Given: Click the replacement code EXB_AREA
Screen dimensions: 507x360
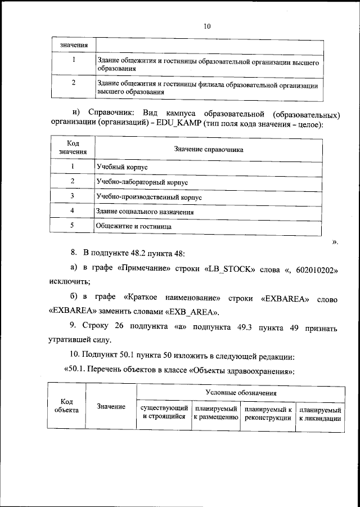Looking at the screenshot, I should [x=192, y=312].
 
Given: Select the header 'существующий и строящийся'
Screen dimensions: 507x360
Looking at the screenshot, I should [x=164, y=413].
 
